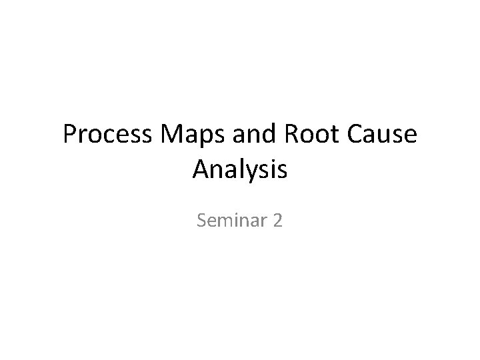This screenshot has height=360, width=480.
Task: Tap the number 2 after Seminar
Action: coord(277,219)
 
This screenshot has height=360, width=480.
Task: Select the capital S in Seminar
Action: coord(202,219)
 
